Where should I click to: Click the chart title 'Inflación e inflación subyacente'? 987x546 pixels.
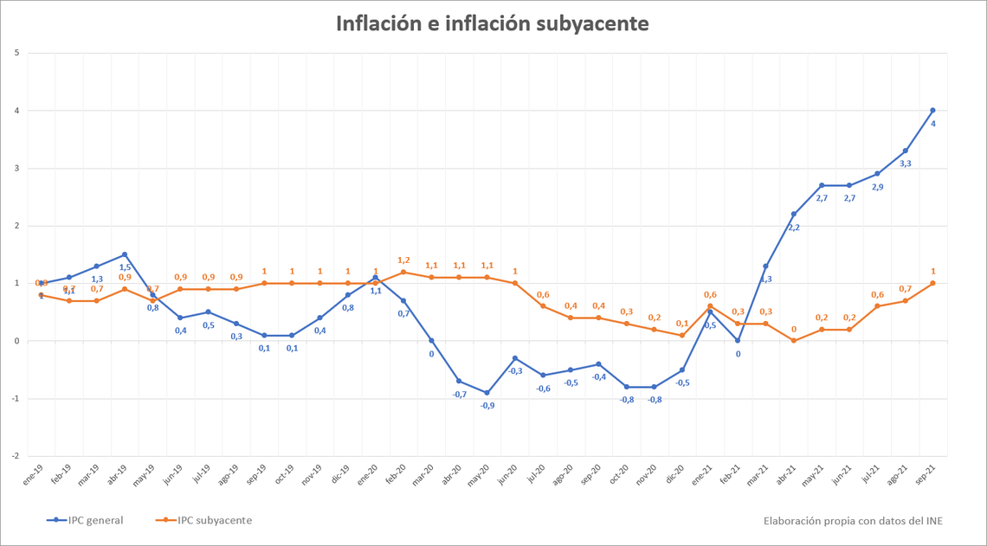[493, 23]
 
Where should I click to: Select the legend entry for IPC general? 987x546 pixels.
[85, 520]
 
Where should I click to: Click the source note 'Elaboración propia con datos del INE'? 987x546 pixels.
[853, 520]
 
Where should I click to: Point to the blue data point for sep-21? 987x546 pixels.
[932, 110]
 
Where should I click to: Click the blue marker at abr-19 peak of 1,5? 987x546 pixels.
[125, 254]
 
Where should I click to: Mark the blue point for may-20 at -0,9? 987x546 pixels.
[487, 393]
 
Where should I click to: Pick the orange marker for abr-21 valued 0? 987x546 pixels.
[794, 341]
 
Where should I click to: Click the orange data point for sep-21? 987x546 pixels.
[932, 283]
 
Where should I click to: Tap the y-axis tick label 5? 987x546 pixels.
[17, 53]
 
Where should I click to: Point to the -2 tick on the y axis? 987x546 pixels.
[16, 456]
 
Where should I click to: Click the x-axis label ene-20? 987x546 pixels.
[366, 475]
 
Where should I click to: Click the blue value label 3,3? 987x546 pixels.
[906, 164]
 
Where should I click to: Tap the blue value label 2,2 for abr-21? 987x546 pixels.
[794, 228]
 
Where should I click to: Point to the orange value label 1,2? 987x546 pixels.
[403, 260]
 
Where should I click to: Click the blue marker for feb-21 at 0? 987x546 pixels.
[738, 341]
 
